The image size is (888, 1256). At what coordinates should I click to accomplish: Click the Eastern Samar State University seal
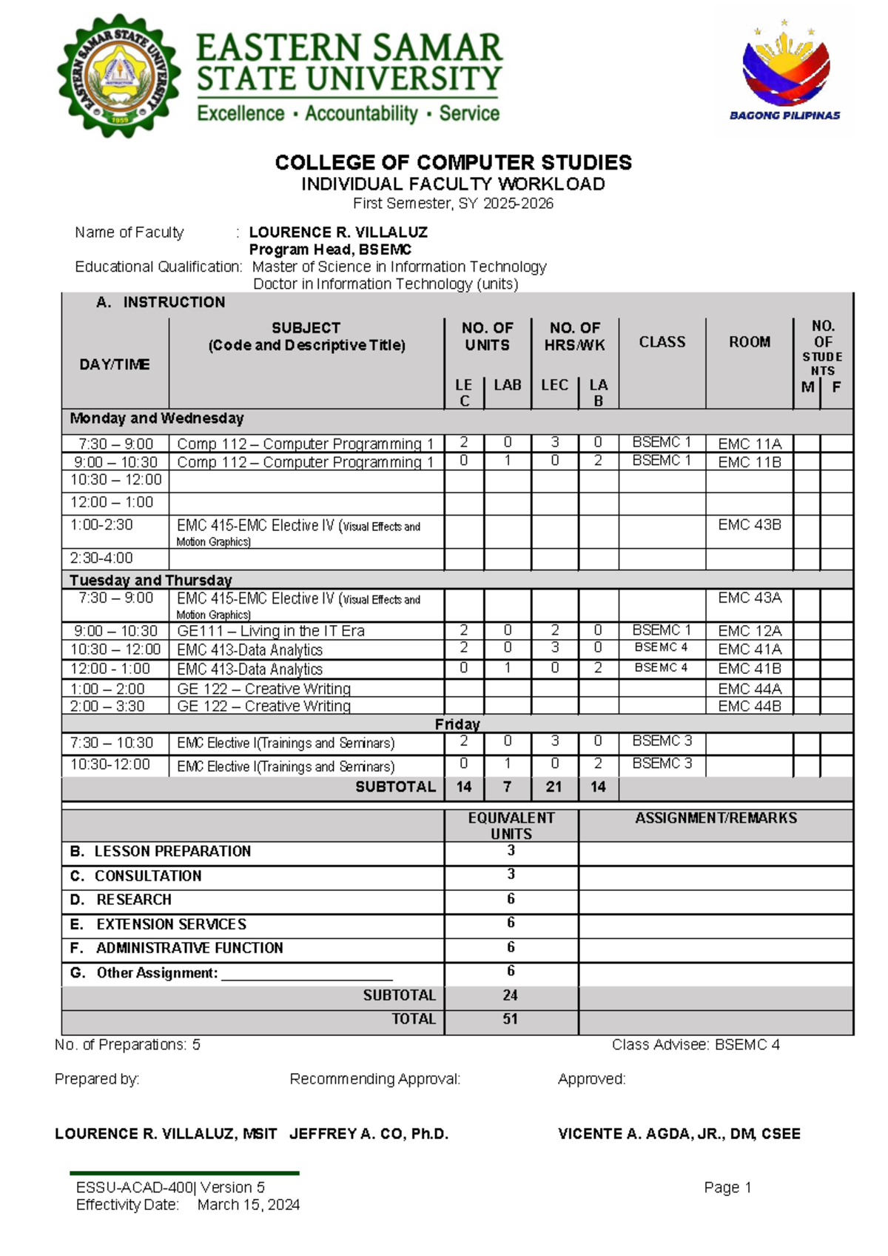pos(118,76)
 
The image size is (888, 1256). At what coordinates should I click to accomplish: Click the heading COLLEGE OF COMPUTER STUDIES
pos(453,162)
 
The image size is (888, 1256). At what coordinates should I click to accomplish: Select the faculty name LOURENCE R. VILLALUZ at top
pos(338,232)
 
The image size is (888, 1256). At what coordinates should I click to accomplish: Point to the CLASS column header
pos(662,341)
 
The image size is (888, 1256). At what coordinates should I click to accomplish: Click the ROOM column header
pos(749,341)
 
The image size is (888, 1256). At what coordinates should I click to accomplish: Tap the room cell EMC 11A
pos(749,444)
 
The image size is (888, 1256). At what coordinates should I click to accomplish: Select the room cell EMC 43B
pos(749,524)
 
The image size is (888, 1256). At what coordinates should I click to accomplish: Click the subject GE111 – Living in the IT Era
pos(270,631)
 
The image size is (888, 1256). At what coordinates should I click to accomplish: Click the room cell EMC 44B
pos(749,706)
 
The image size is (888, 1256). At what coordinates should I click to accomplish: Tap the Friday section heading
pos(457,724)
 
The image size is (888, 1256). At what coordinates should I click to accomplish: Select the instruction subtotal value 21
pos(554,786)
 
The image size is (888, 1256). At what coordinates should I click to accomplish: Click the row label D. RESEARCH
pos(133,899)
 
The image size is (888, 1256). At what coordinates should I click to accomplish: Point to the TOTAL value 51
pos(510,1018)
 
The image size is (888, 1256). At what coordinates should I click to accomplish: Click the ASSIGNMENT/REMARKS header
pos(716,818)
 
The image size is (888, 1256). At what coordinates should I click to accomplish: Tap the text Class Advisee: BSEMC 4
pos(695,1044)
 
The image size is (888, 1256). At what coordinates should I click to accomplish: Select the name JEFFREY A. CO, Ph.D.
pos(369,1134)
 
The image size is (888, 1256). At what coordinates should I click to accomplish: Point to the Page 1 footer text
pos(727,1187)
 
